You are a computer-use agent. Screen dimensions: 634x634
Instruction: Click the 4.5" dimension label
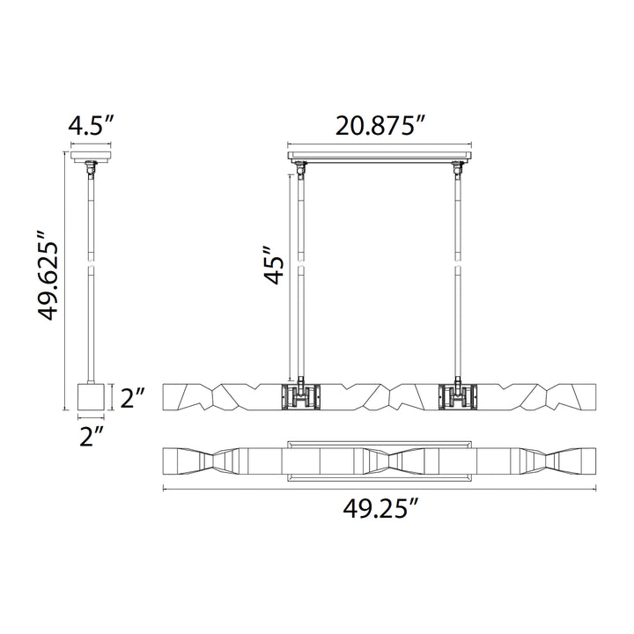(92, 126)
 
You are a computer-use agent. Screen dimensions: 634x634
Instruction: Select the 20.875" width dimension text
(381, 126)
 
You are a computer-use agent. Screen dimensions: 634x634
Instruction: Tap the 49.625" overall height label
(48, 276)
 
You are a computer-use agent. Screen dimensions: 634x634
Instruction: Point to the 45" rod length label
(274, 265)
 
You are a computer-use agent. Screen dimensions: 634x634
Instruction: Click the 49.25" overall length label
(380, 508)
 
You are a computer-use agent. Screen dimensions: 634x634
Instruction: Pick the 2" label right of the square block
(132, 398)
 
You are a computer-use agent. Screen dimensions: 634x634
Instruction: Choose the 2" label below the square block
(92, 436)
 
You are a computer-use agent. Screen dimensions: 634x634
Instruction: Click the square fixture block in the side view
(91, 396)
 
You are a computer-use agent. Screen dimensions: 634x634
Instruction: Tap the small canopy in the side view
(91, 157)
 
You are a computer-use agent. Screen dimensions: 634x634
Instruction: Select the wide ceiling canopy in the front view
(380, 156)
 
